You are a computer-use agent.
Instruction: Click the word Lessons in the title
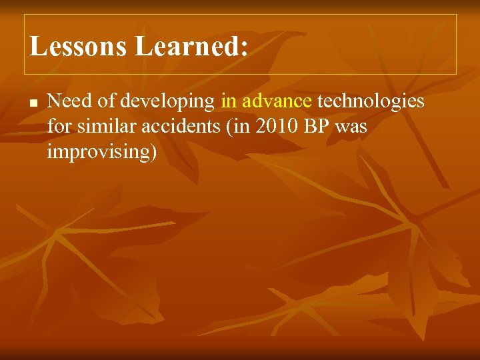(x=79, y=46)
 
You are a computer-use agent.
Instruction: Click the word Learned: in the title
(x=192, y=46)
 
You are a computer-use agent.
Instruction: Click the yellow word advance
(x=277, y=101)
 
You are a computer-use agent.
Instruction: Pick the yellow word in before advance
(x=229, y=101)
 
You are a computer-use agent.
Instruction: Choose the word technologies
(x=371, y=101)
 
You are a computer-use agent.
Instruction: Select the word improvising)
(x=102, y=153)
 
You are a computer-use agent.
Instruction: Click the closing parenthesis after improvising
(x=154, y=153)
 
